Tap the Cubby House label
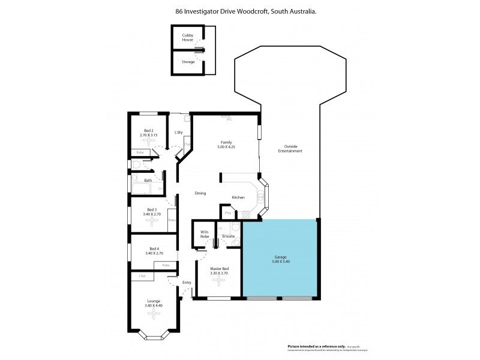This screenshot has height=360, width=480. pos(188,37)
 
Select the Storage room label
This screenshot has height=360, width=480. pos(188,61)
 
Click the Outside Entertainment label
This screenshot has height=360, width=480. pos(290,149)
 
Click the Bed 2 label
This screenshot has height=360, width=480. pos(149,131)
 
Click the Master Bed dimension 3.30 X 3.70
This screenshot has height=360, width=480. pos(218,274)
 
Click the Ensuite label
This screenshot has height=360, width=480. pos(228,236)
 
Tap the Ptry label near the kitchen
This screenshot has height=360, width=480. pos(228,212)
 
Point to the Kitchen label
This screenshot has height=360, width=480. pos(238,197)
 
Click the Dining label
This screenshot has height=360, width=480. pos(200,193)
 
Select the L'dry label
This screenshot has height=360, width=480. pos(179,132)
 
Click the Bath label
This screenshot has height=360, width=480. pos(148,180)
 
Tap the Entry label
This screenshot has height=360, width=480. pos(187,283)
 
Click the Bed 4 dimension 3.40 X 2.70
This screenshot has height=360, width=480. pos(154,253)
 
